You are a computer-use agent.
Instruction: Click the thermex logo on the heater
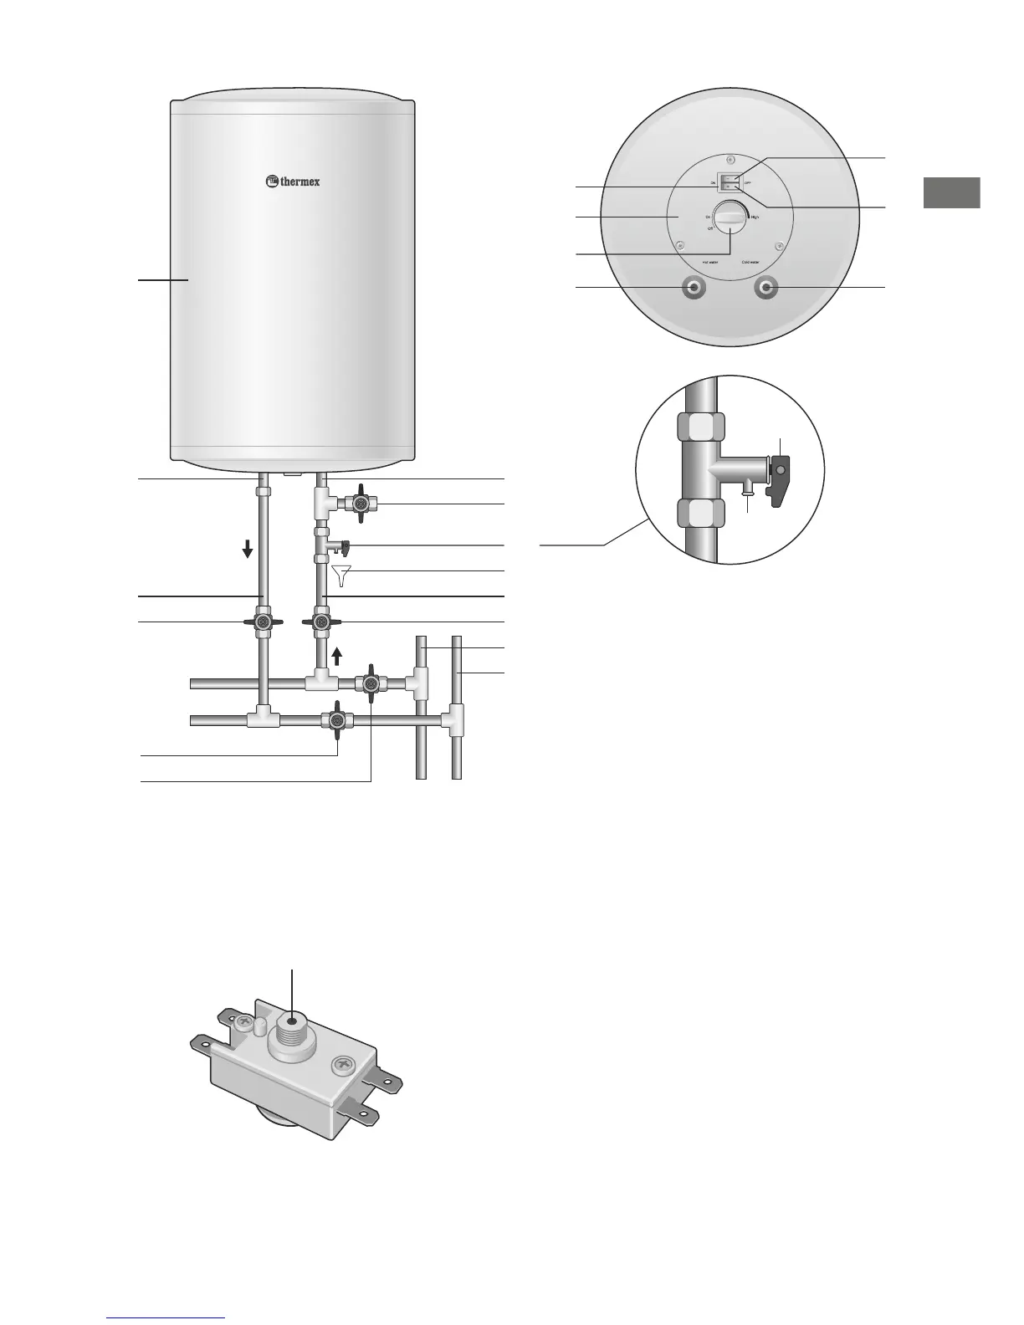pyautogui.click(x=293, y=181)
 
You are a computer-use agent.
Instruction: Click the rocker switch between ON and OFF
pyautogui.click(x=730, y=182)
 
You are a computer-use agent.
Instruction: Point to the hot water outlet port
pyautogui.click(x=694, y=288)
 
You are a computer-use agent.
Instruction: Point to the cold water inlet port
pyautogui.click(x=765, y=288)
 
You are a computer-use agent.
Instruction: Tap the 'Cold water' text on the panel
pyautogui.click(x=750, y=262)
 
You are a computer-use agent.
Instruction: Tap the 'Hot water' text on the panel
pyautogui.click(x=710, y=262)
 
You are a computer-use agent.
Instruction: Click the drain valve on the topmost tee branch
pyautogui.click(x=361, y=504)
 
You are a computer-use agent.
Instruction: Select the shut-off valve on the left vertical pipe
pyautogui.click(x=264, y=622)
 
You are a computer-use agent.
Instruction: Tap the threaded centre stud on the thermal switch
pyautogui.click(x=293, y=1021)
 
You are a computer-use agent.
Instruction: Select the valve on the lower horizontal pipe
pyautogui.click(x=336, y=719)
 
